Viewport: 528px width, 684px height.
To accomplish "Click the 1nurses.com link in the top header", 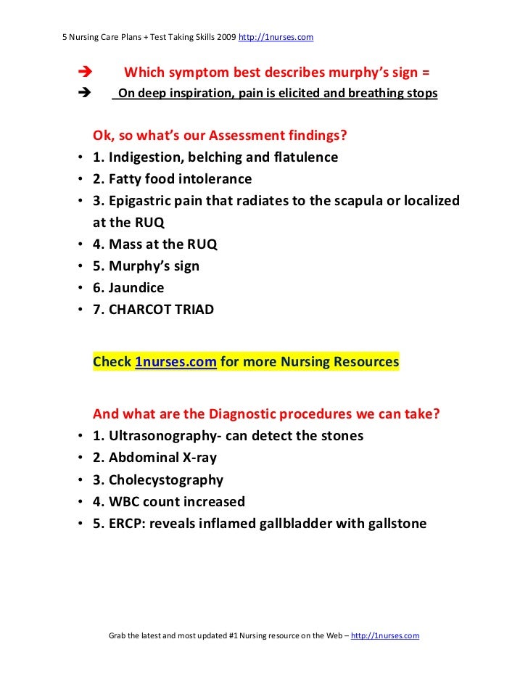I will point(276,36).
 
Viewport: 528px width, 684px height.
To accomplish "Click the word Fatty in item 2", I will point(129,178).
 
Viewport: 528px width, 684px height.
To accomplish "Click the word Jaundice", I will point(136,288).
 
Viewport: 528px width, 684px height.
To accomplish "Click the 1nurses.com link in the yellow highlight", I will point(176,361).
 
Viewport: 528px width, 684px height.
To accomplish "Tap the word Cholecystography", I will point(166,479).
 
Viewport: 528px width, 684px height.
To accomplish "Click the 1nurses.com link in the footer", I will point(384,635).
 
